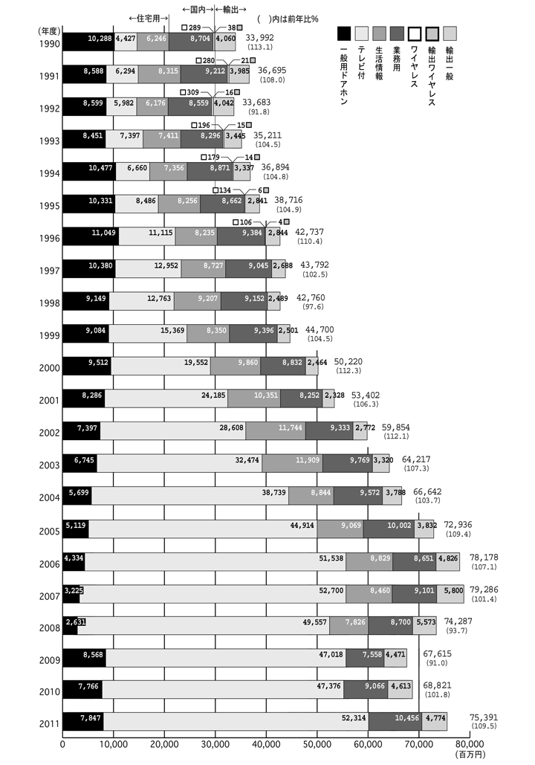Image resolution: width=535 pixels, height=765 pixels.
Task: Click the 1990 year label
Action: point(49,42)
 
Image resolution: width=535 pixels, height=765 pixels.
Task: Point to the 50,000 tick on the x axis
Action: point(317,743)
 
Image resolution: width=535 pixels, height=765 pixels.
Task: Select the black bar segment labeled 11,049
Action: point(91,236)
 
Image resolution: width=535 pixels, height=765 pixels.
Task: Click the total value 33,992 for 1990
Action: point(259,37)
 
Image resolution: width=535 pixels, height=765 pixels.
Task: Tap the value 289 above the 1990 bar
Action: point(195,28)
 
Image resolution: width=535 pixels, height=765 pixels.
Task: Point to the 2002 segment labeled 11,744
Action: point(275,430)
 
